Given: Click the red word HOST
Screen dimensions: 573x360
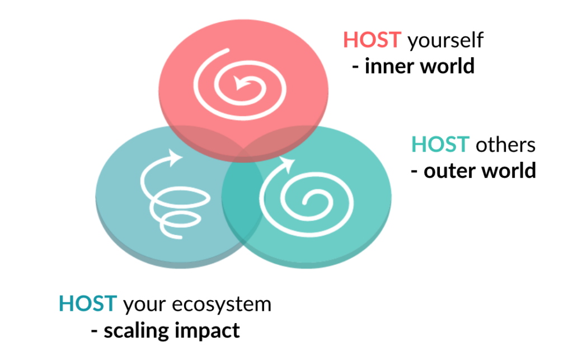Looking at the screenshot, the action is (372, 40).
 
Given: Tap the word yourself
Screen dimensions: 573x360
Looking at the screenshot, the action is (445, 40).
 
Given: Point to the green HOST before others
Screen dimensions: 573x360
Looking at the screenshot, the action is (440, 144).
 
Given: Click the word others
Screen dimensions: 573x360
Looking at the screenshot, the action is (505, 144).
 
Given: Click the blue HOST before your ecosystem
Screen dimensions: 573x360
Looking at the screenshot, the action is (88, 303).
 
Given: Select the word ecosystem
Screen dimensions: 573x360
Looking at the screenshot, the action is (222, 305).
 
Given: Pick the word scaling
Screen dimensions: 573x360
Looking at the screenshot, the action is (136, 331).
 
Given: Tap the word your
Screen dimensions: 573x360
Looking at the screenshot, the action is (144, 306).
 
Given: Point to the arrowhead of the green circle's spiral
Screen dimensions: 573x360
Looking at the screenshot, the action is (287, 163).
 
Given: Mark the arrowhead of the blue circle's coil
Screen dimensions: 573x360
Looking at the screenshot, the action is (175, 157).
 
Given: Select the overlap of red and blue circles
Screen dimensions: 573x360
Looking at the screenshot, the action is (205, 141).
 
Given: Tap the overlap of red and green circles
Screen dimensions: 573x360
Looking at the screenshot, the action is (281, 141).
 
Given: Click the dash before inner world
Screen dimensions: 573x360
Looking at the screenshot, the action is (355, 67).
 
